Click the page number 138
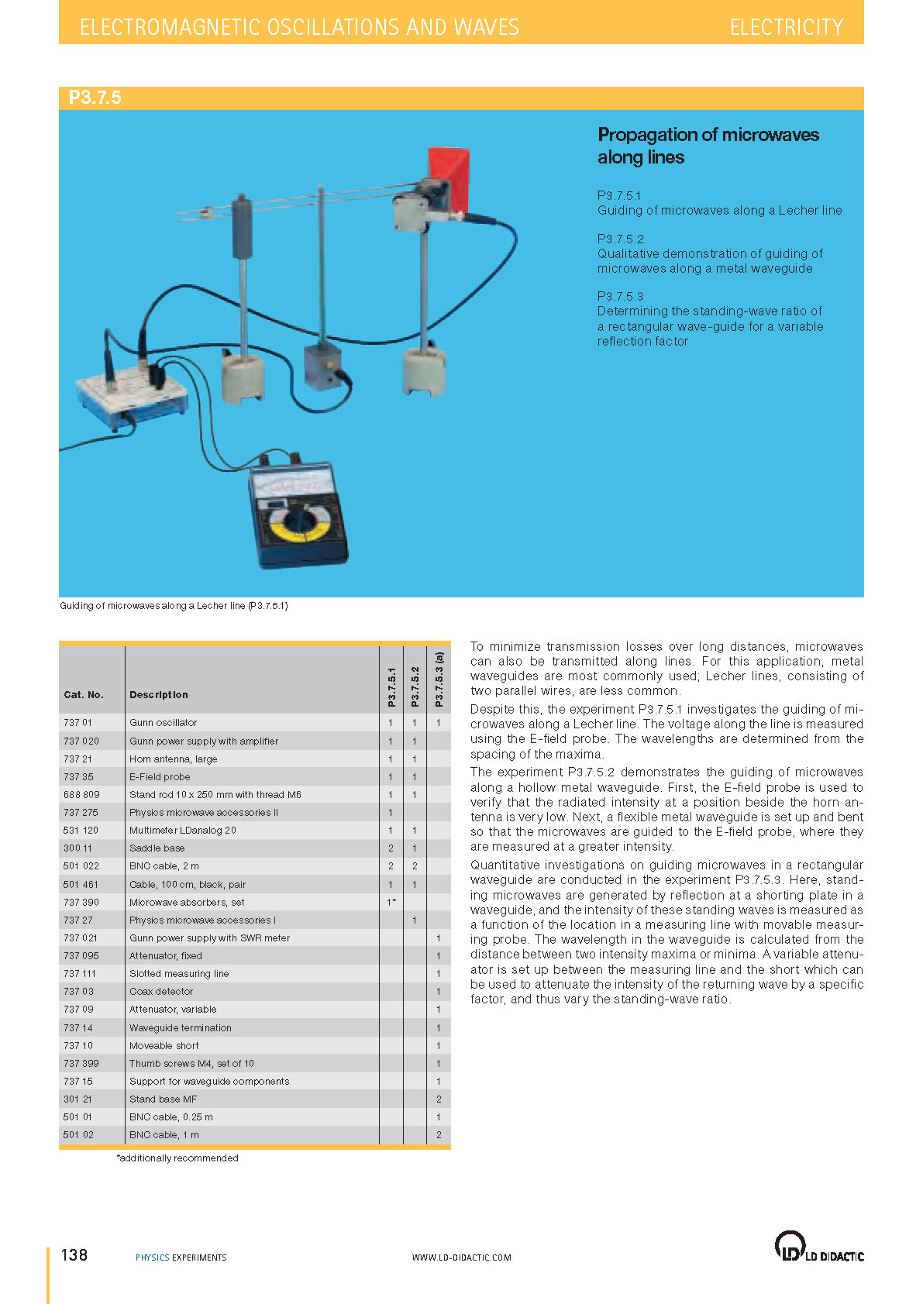point(74,1255)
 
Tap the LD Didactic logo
point(818,1247)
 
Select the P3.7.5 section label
point(95,98)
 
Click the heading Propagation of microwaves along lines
point(708,146)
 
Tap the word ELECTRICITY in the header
point(786,27)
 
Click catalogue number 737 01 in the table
point(77,722)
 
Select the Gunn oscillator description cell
point(164,722)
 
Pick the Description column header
point(159,694)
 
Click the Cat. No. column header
point(84,694)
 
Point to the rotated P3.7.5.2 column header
point(415,686)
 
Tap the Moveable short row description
point(164,1045)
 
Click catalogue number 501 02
point(78,1134)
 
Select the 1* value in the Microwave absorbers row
point(391,902)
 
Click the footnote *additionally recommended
point(177,1158)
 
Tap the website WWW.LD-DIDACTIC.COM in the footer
point(461,1258)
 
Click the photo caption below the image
point(174,606)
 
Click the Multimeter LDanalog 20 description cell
point(183,830)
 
